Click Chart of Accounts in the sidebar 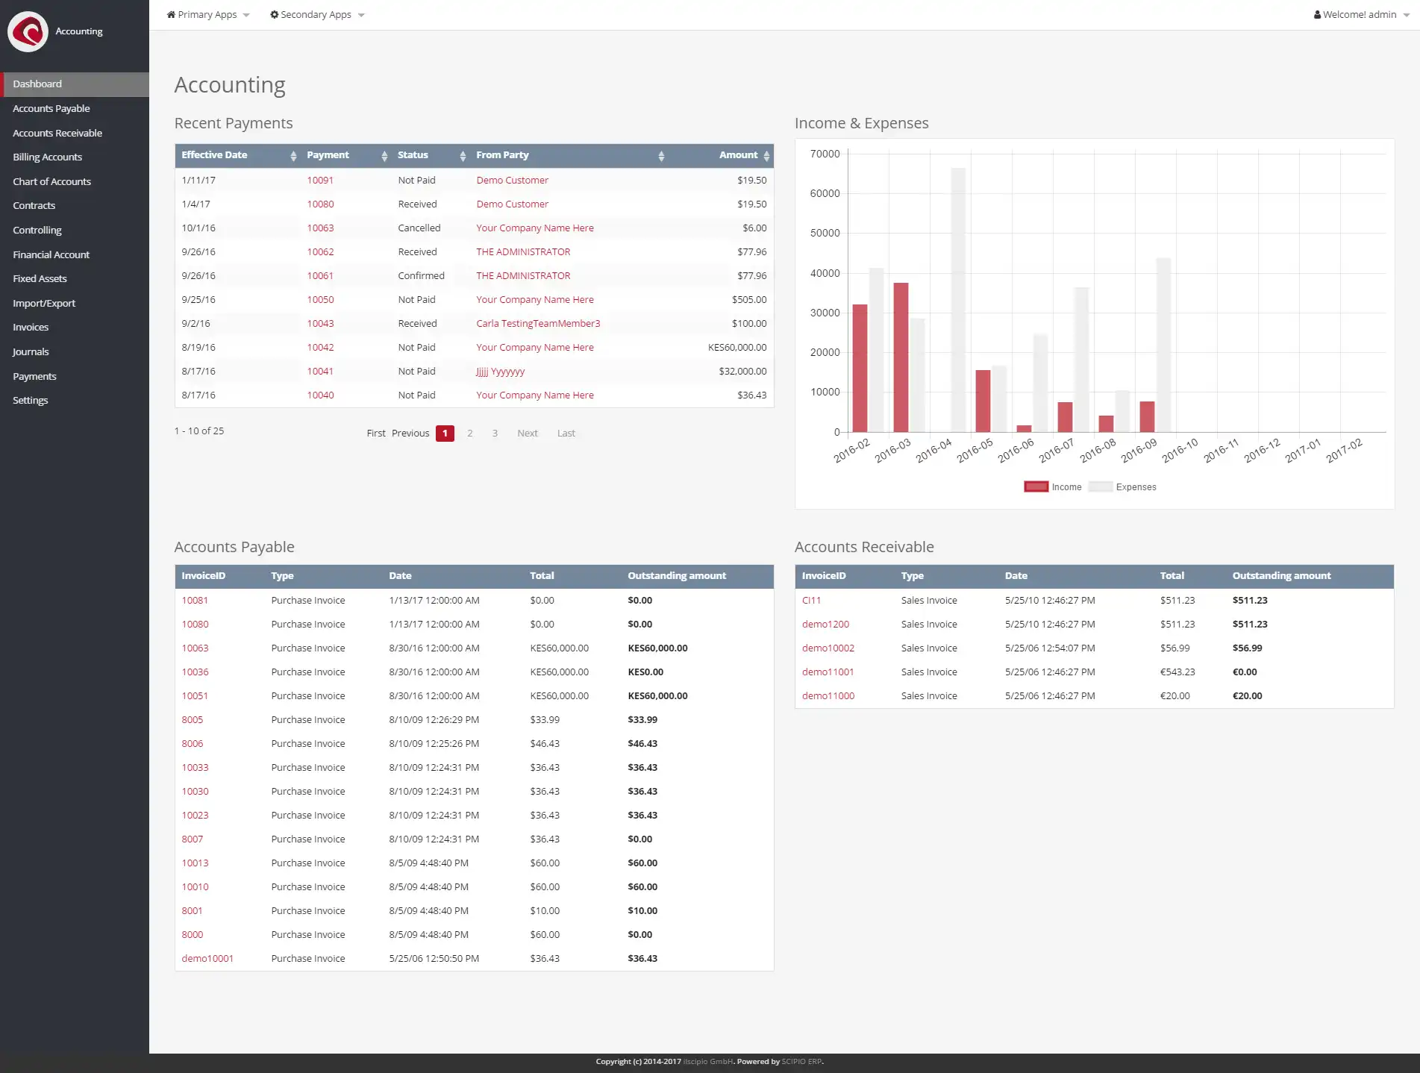click(x=51, y=181)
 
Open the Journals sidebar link click(x=31, y=351)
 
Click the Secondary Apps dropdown click(x=316, y=15)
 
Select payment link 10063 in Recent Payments click(x=320, y=228)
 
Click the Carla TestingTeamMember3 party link click(x=537, y=324)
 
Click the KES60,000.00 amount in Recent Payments click(x=736, y=348)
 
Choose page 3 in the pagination click(x=495, y=434)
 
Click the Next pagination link click(x=527, y=434)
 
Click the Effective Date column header click(x=215, y=155)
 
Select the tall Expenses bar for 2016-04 click(x=957, y=298)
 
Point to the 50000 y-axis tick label click(x=825, y=234)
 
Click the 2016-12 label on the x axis click(x=1262, y=451)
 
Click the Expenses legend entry click(x=1135, y=487)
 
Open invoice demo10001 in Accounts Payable click(x=207, y=959)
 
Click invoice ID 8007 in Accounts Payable click(x=192, y=839)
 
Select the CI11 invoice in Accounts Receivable click(x=811, y=601)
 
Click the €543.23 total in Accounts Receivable click(x=1177, y=672)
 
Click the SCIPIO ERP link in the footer click(x=801, y=1062)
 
